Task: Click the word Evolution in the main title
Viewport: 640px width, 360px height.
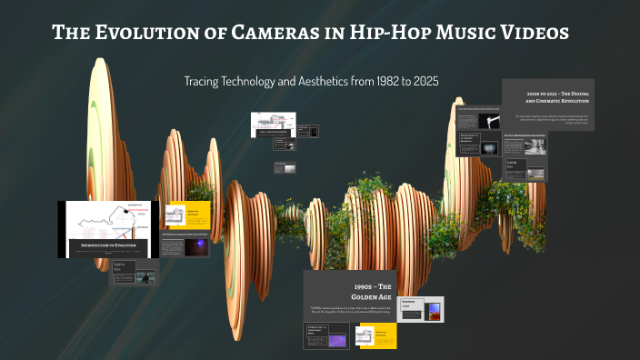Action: point(137,34)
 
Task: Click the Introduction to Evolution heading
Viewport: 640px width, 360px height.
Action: point(107,246)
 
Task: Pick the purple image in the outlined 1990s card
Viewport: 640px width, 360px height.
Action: point(337,340)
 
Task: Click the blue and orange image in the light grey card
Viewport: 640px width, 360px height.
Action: point(435,311)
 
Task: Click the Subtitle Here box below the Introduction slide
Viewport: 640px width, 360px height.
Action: point(124,270)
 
